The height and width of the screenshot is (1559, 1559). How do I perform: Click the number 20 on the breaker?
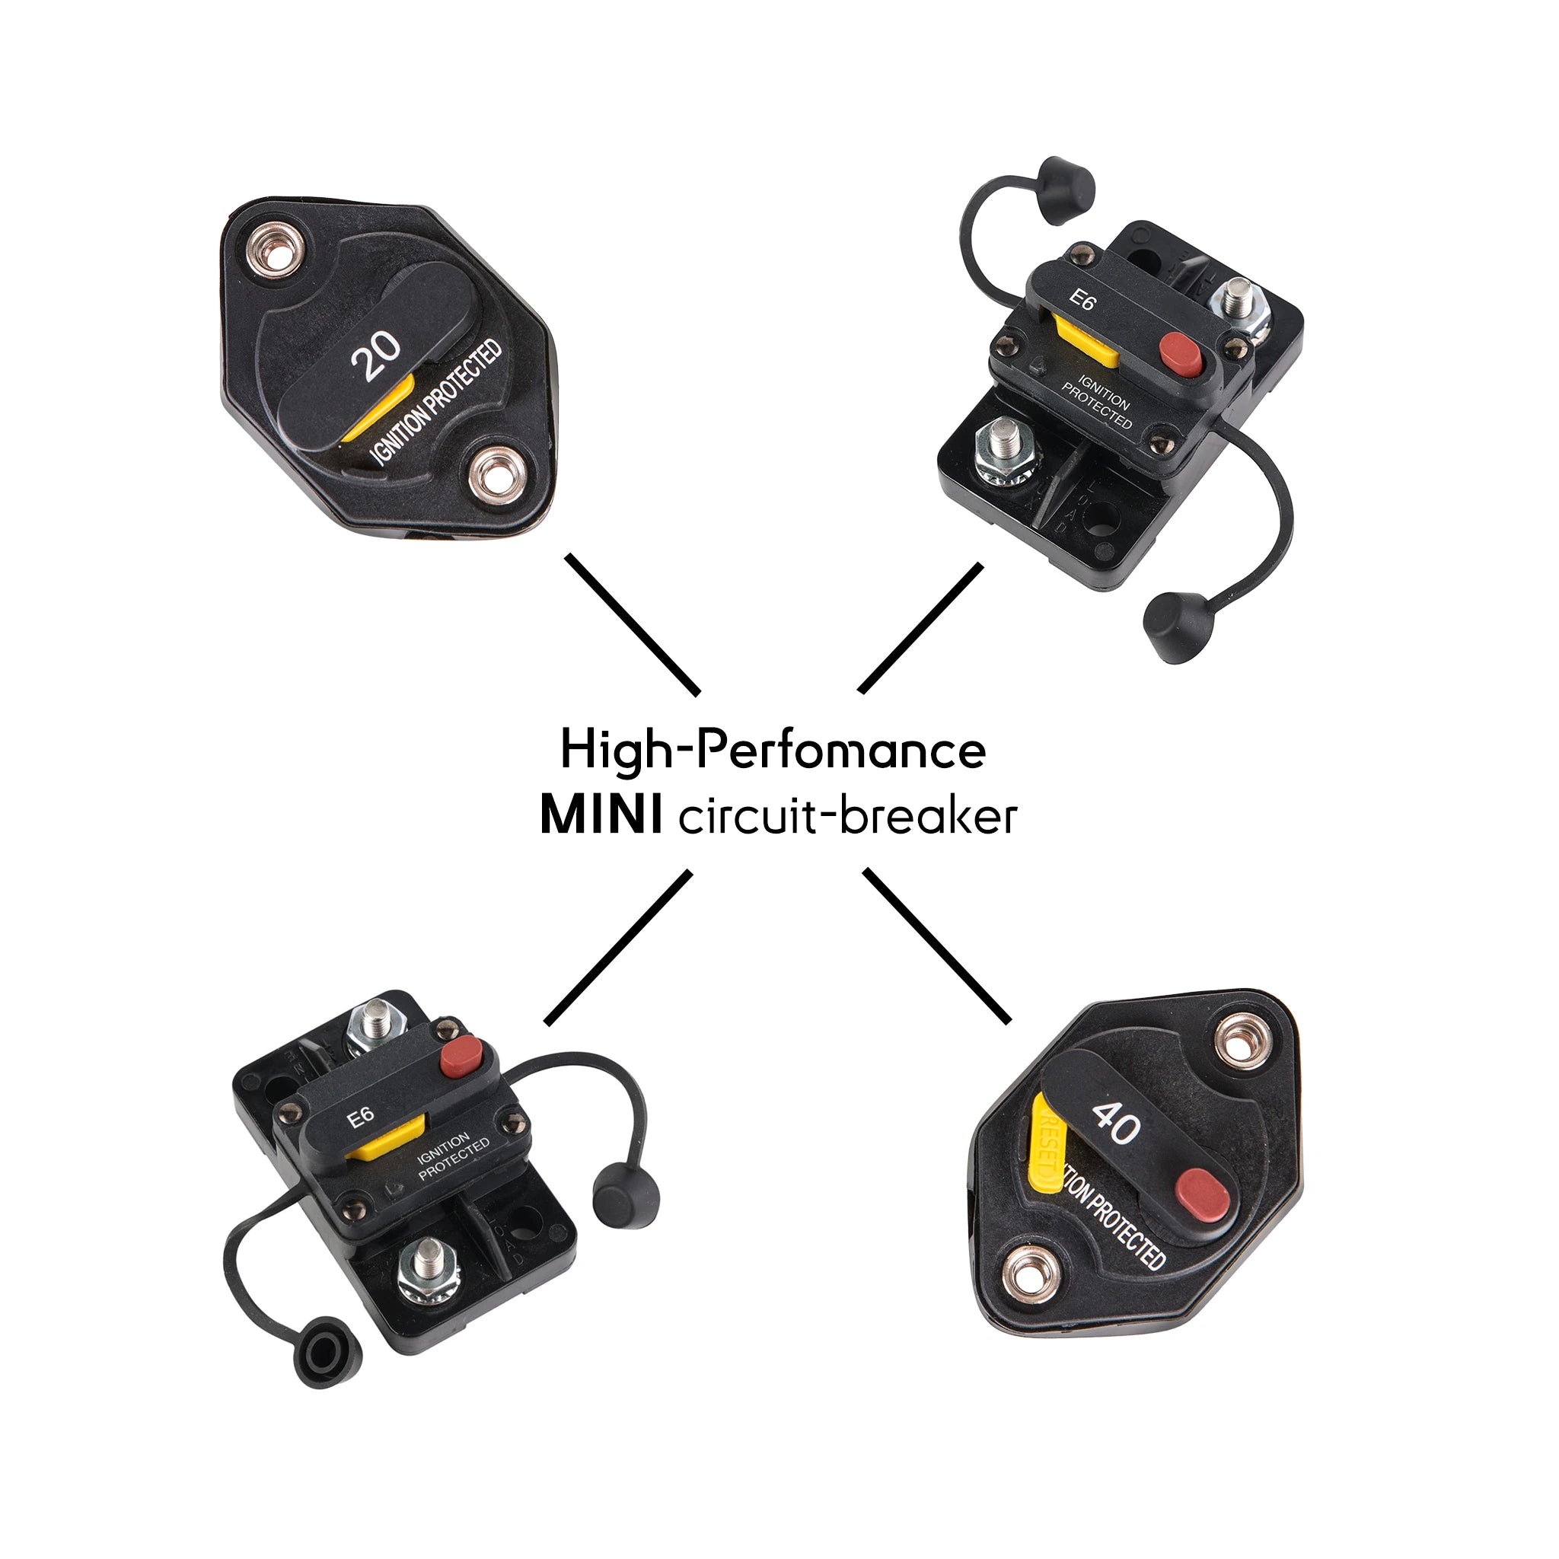tap(377, 355)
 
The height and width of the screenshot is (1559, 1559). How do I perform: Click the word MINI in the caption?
tap(601, 816)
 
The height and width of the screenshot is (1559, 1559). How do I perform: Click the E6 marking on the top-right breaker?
tap(1082, 300)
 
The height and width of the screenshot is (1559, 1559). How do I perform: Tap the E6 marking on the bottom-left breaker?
tap(361, 1117)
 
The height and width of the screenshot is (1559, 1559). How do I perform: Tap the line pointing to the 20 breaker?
tap(633, 623)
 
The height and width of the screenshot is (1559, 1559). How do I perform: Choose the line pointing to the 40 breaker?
tap(938, 945)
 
